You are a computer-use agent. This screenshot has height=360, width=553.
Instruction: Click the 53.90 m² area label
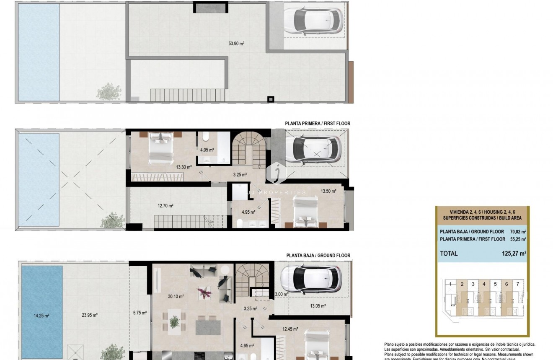tap(236, 43)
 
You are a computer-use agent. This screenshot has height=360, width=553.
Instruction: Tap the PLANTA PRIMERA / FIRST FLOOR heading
tap(318, 124)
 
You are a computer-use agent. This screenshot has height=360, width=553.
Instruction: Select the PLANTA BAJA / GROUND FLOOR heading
tap(318, 255)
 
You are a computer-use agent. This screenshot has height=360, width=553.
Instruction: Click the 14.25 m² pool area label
tap(41, 316)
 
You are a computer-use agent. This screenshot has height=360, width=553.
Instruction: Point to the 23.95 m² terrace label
tap(90, 315)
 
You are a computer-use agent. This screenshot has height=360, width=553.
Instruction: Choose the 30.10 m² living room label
tap(176, 296)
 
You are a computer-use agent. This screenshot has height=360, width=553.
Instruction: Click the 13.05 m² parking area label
tap(318, 306)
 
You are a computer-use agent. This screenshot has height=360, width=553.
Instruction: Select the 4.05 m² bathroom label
tap(207, 150)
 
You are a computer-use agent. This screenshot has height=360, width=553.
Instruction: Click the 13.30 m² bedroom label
tap(184, 167)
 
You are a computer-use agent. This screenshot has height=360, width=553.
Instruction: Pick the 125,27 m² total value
tap(514, 253)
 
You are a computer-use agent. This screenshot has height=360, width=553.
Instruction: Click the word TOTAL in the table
tap(449, 253)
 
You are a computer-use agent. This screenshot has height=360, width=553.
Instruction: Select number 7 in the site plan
tap(518, 284)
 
